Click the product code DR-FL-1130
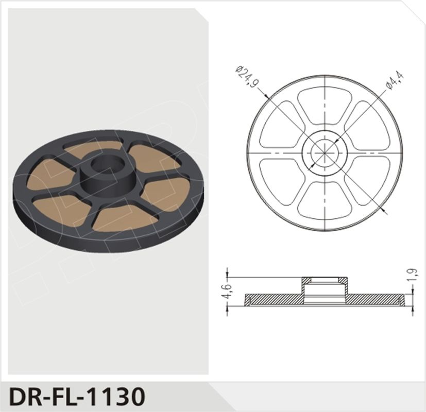pos(77,396)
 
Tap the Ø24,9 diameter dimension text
pos(247,76)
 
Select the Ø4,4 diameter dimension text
pos(395,80)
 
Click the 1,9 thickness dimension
pos(413,275)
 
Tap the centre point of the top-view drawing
pos(325,153)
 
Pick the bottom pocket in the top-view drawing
pos(325,198)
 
